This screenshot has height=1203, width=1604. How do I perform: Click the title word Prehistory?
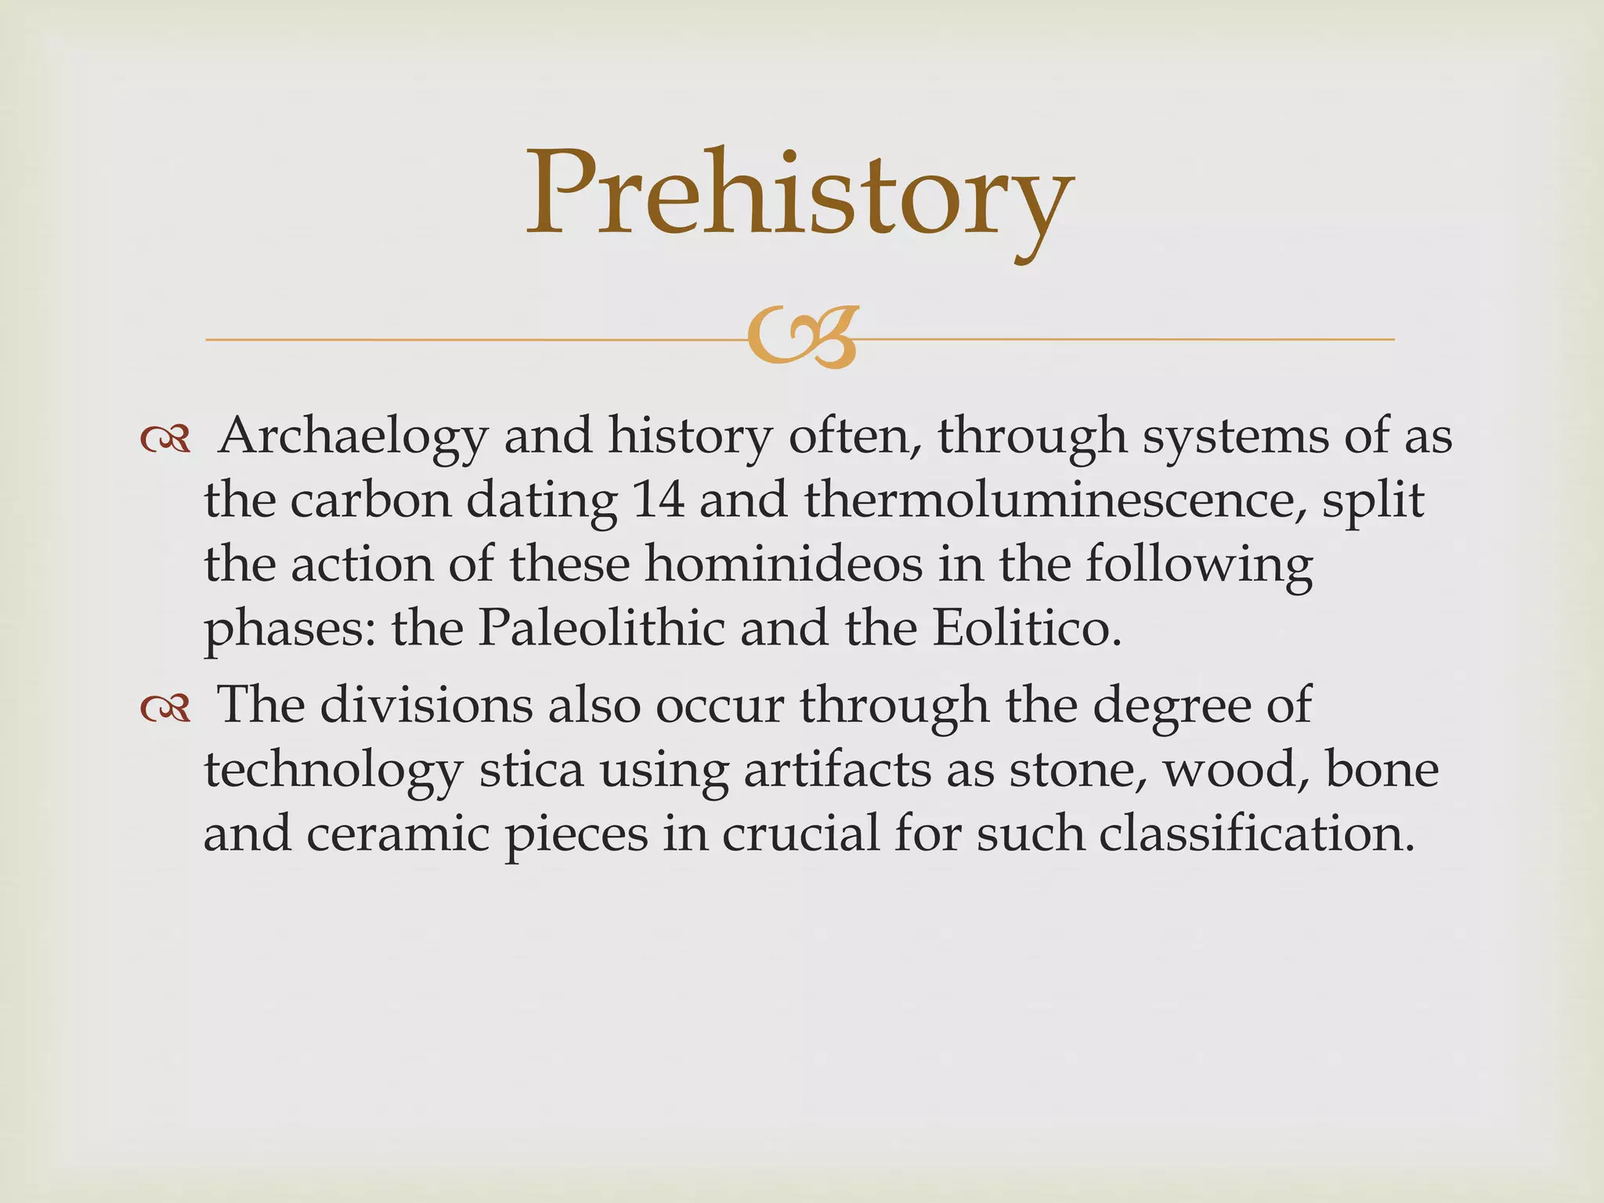799,196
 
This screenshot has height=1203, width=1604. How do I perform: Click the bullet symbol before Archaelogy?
165,440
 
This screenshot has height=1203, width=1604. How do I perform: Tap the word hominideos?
783,565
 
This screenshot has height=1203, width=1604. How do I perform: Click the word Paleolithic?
601,629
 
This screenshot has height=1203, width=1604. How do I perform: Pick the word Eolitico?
1027,629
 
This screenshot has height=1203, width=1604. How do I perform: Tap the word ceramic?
399,834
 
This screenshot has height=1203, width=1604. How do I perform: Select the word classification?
1256,834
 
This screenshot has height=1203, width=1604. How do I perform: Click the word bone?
1382,770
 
